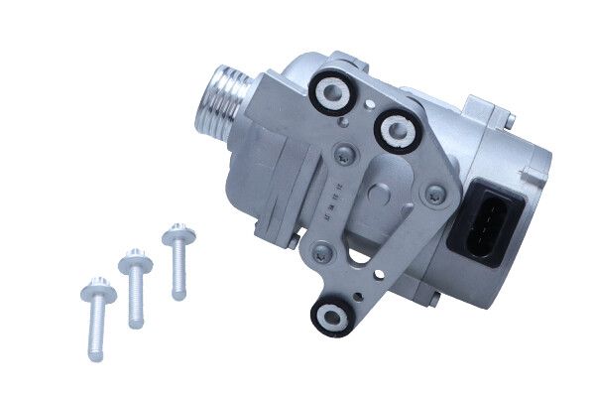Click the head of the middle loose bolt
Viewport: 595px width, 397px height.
135,263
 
